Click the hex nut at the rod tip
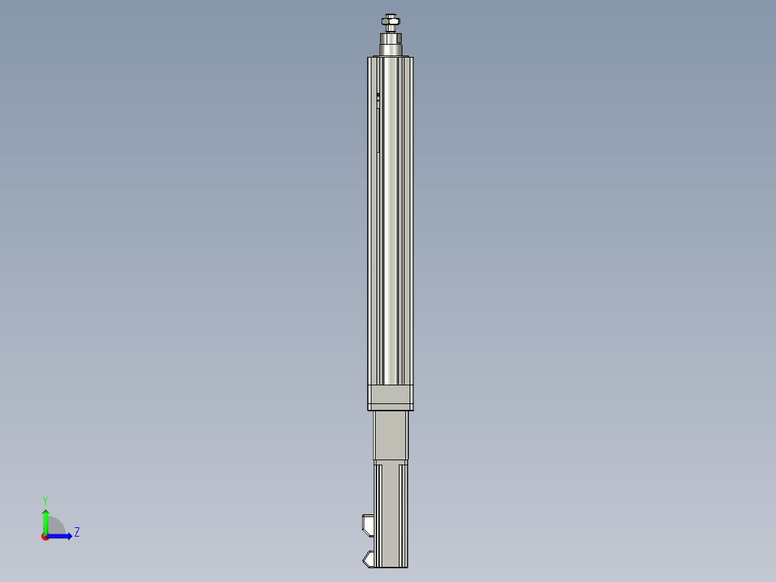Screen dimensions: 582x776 [390, 24]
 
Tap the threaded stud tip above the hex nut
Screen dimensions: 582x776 [390, 16]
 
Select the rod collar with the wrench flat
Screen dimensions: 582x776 [390, 36]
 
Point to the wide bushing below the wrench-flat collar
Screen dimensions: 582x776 [390, 50]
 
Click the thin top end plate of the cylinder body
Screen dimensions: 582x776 [389, 57]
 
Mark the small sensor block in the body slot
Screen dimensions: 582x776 [378, 95]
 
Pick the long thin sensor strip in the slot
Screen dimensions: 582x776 [379, 130]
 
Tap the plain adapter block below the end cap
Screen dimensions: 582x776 [390, 436]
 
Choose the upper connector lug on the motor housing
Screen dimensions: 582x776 [368, 524]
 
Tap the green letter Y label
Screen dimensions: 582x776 [45, 501]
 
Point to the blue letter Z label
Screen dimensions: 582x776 [76, 533]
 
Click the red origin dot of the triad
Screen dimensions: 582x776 [45, 537]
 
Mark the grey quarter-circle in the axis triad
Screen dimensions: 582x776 [56, 528]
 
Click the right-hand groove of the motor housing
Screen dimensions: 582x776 [401, 511]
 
